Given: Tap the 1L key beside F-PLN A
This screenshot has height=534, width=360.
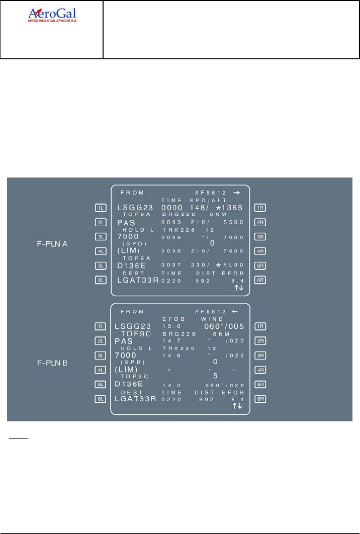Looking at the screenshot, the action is [x=102, y=207].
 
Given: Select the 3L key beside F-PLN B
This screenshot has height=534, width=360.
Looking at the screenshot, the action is [x=102, y=355].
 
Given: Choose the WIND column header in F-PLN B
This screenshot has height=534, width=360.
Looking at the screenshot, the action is [x=212, y=318].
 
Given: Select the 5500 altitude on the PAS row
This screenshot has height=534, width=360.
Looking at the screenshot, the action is [x=234, y=222].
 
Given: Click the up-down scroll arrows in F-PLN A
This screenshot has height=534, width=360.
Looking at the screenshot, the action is [x=238, y=287].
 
